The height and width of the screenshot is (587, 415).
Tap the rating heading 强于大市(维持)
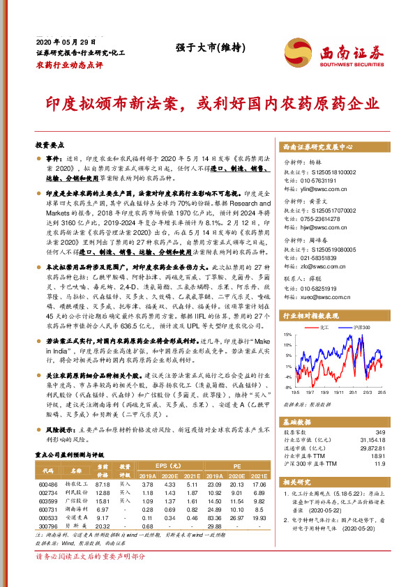[x=200, y=46]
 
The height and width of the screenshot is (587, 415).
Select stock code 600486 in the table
[x=48, y=483]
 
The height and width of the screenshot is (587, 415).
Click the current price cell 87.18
[x=103, y=483]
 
